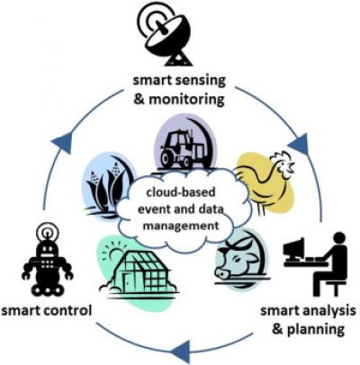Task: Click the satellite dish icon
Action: [x=165, y=35]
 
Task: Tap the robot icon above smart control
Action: [x=47, y=260]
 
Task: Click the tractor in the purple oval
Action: [x=181, y=150]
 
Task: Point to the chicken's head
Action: [x=284, y=164]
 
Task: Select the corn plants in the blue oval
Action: [x=105, y=187]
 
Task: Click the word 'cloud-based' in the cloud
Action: [x=181, y=192]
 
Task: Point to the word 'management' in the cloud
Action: [x=181, y=226]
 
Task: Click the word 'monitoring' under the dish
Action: [x=186, y=100]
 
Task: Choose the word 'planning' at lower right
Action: [x=316, y=330]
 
